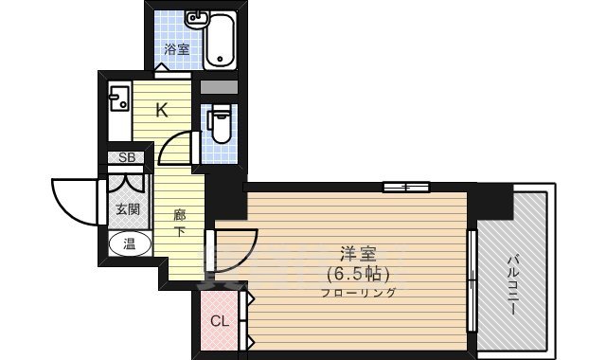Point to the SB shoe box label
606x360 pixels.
tap(126, 158)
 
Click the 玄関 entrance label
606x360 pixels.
tap(126, 209)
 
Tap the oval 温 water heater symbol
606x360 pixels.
tap(126, 244)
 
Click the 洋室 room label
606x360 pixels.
tap(358, 254)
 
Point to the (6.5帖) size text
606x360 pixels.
tap(358, 274)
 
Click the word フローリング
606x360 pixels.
tap(358, 293)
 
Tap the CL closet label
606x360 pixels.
tap(219, 320)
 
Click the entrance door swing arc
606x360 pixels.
tap(71, 201)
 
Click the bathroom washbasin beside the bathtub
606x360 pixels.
tap(198, 19)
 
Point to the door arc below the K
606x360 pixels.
tap(177, 149)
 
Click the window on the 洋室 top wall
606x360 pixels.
tap(406, 187)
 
